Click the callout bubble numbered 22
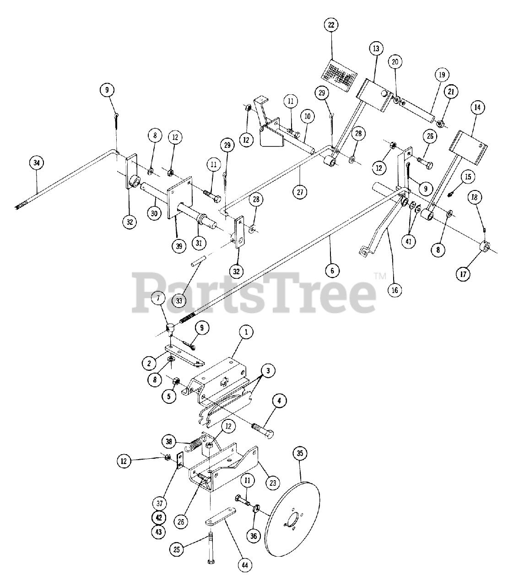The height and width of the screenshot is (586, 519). click(x=331, y=25)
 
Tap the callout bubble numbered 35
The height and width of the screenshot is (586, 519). click(x=300, y=454)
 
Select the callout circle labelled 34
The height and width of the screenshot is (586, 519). click(x=37, y=163)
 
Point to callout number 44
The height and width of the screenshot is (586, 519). click(x=245, y=565)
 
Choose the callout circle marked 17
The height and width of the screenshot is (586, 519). click(x=463, y=275)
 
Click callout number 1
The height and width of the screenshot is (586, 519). click(x=245, y=332)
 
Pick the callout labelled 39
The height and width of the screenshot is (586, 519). click(x=178, y=246)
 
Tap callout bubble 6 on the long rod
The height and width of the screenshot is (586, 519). click(x=333, y=271)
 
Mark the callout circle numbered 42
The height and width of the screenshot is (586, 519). click(x=159, y=517)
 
